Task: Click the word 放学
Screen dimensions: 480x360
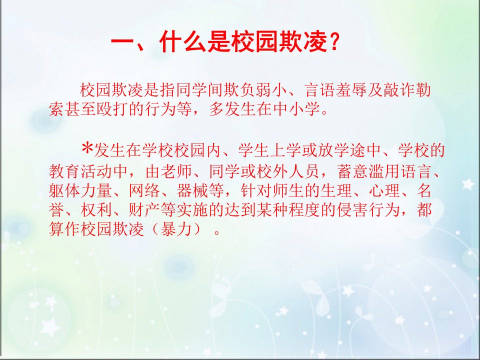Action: point(334,150)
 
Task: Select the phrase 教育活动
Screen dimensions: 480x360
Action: point(81,171)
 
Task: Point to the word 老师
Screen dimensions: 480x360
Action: point(176,171)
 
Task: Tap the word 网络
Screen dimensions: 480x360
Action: point(144,190)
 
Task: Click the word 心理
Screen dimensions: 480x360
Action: point(384,190)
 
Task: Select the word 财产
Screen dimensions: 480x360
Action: point(144,210)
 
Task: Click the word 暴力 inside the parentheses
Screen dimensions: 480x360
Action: point(176,229)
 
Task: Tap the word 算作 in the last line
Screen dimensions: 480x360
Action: point(65,229)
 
